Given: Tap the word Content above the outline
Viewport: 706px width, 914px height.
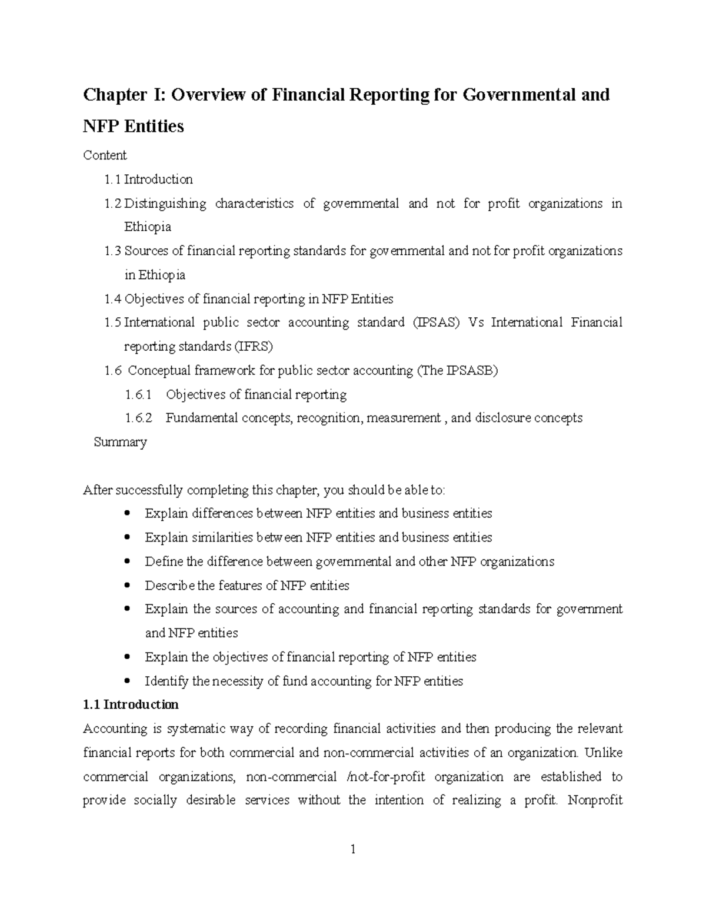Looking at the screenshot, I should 105,155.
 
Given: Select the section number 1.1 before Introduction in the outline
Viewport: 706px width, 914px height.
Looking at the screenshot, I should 112,180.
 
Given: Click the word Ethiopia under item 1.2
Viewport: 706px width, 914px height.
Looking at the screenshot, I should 147,227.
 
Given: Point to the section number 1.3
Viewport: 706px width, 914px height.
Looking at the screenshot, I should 112,251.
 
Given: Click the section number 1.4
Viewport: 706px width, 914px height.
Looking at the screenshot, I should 112,299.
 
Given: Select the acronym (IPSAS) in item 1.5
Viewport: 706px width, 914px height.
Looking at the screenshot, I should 436,323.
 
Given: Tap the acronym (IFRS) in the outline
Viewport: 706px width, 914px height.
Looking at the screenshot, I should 254,347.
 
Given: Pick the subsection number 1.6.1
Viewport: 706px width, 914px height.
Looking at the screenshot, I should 138,394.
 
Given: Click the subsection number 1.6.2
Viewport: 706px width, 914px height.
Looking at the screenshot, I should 138,418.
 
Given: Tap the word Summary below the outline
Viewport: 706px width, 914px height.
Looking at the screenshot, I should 120,443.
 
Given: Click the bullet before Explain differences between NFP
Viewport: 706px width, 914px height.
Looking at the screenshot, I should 128,514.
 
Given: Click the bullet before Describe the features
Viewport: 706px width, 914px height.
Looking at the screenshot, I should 128,586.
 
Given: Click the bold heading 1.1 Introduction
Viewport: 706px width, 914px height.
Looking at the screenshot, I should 131,705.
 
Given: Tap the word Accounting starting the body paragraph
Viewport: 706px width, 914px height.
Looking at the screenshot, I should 115,729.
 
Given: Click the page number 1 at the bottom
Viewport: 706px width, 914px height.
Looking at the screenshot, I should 352,849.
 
